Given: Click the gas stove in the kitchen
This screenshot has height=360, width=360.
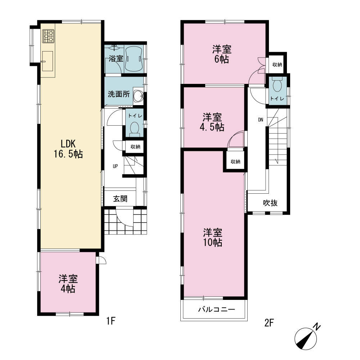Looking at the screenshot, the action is tap(48, 36).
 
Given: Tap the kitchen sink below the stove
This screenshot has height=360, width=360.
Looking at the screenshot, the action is tap(48, 61).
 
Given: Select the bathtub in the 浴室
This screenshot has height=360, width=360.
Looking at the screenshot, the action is tap(134, 59).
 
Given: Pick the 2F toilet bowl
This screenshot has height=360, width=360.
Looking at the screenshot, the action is tap(278, 84).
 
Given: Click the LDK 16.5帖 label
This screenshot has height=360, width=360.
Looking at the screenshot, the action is tap(68, 149).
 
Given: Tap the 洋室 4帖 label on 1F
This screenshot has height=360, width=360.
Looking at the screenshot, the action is tap(68, 284).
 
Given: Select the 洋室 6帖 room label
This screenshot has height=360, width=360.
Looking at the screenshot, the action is tap(222, 54).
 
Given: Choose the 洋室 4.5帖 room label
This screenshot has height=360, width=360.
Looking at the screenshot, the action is tap(212, 122).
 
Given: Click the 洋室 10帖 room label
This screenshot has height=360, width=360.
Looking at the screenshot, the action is tap(213, 237).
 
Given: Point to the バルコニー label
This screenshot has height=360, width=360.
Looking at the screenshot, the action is tap(216, 310).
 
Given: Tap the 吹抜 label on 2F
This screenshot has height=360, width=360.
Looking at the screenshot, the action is tap(270, 203).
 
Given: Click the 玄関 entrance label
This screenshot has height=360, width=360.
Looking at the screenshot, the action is tap(120, 199).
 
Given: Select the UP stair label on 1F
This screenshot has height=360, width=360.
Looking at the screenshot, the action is tap(115, 166).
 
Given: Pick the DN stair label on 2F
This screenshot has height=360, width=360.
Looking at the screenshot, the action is tap(261, 120).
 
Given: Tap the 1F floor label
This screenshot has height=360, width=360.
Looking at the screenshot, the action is tap(111, 321).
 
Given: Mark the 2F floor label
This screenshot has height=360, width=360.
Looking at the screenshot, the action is tap(269, 323).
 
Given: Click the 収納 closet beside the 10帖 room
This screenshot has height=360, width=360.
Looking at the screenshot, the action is tap(235, 162).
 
